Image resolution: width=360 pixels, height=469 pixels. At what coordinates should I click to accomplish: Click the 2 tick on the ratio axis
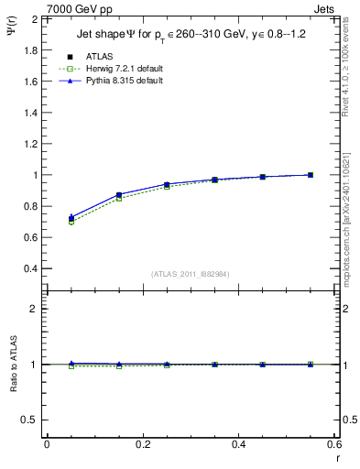[34, 309]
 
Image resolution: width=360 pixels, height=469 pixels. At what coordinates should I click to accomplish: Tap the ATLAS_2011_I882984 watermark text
[190, 274]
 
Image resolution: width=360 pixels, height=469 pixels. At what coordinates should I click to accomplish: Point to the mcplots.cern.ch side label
[351, 220]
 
